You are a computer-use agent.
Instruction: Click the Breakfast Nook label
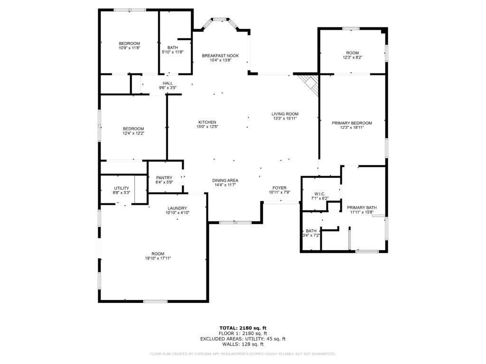coord(220,56)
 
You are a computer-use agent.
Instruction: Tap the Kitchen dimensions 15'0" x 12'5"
coord(207,127)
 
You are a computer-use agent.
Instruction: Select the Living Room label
coord(285,114)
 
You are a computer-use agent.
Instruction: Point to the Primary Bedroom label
coord(352,123)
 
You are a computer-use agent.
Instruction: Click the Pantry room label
coord(164,178)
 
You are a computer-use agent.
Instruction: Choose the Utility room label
coord(121,188)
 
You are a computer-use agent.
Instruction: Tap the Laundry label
coord(178,209)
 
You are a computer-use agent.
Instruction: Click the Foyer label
coord(279,188)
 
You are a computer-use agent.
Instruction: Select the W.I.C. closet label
coord(320,194)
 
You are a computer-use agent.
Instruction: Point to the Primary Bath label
coord(362,208)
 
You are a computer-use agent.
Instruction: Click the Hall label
coord(168,83)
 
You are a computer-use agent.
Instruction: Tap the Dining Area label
coord(225,181)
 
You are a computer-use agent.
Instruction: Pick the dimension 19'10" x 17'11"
coord(158,258)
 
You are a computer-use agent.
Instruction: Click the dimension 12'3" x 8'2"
coord(353,57)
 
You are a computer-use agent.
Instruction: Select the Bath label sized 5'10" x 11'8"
coord(173,47)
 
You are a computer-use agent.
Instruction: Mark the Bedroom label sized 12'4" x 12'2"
coord(133,129)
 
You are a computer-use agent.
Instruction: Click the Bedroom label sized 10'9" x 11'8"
coord(129,44)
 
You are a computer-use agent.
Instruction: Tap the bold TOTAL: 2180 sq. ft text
coord(243,328)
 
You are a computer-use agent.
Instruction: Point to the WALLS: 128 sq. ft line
coord(243,344)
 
